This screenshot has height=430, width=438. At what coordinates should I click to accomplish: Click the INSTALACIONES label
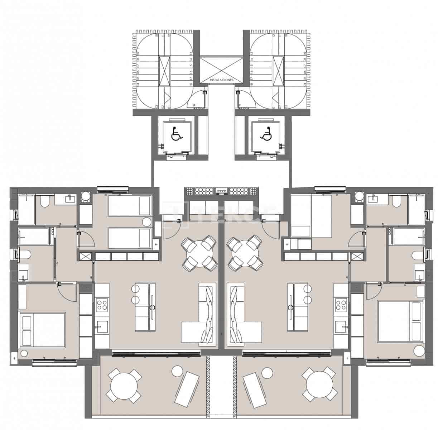coord(221,80)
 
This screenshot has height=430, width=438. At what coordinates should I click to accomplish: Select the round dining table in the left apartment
coord(200,254)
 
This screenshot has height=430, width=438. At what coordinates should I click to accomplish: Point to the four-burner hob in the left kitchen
coord(102,305)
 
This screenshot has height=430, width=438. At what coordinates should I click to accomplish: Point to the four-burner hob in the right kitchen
coord(341,305)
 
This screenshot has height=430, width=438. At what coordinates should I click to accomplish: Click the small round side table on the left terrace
coord(177,371)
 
